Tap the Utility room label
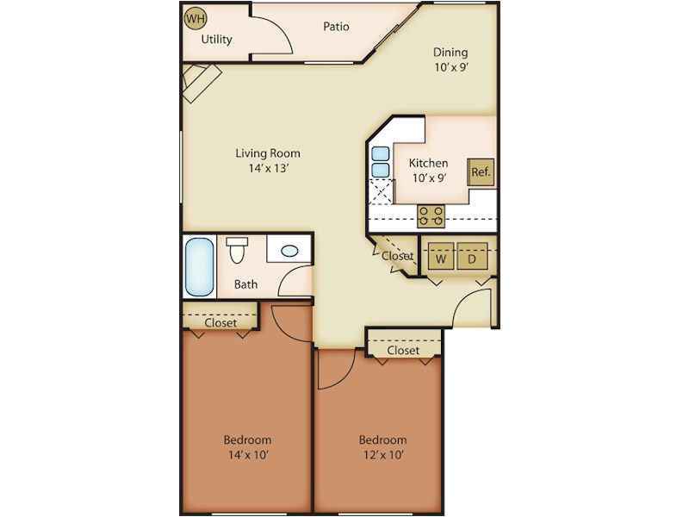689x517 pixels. click(x=216, y=39)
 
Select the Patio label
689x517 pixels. click(x=336, y=26)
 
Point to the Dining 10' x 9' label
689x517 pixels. click(x=451, y=59)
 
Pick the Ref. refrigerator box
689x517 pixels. click(x=481, y=171)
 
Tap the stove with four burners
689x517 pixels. click(x=431, y=215)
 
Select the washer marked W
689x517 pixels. click(x=441, y=258)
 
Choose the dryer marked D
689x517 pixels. click(x=471, y=258)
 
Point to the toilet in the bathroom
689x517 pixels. click(x=237, y=251)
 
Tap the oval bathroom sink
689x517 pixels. click(x=290, y=252)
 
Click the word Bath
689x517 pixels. click(x=245, y=283)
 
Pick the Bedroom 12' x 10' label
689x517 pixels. click(x=382, y=446)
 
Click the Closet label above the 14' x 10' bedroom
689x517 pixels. click(x=220, y=322)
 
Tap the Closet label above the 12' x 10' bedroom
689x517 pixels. click(x=403, y=351)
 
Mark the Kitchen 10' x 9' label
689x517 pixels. click(x=428, y=170)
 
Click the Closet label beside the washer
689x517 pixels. click(x=398, y=256)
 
